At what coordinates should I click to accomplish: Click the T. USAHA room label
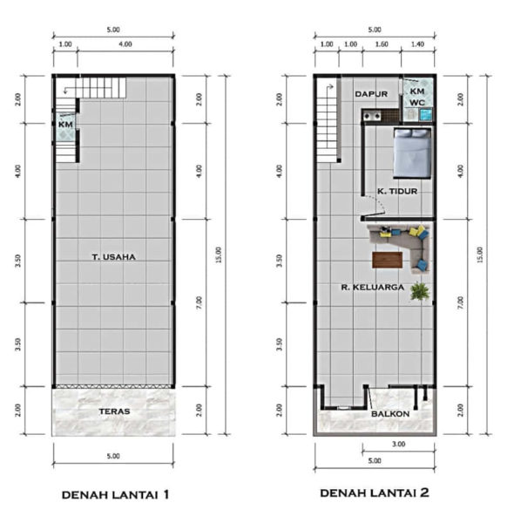[113, 257]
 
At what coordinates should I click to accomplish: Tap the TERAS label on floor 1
[114, 411]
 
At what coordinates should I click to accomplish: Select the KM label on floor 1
[65, 125]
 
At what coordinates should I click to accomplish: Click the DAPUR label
[371, 94]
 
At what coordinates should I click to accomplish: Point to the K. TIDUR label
[397, 191]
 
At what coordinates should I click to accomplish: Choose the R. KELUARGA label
[373, 287]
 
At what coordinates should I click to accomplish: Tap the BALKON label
[390, 414]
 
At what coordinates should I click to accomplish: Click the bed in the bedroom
[412, 153]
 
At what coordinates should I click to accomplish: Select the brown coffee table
[387, 260]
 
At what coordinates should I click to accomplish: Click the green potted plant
[420, 291]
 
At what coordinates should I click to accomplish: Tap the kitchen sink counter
[381, 116]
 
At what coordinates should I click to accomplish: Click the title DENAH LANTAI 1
[115, 494]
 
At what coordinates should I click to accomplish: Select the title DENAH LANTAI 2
[375, 492]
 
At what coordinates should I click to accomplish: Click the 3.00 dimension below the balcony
[399, 444]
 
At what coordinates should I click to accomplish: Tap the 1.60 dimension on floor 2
[382, 44]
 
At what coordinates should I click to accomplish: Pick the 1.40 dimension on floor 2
[417, 44]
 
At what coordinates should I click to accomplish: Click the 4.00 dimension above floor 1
[125, 44]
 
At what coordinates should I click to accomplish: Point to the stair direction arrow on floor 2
[330, 87]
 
